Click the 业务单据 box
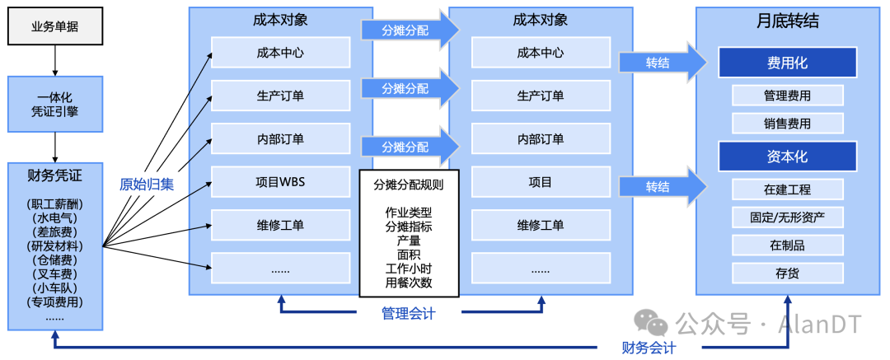point(54,26)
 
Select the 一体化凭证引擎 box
point(55,104)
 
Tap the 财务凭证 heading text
point(55,175)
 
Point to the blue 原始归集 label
point(147,184)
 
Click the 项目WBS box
point(280,182)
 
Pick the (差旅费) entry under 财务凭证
point(55,232)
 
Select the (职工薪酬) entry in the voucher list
point(55,204)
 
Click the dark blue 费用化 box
point(787,63)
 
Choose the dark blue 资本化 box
point(787,156)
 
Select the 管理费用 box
point(787,96)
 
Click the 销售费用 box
point(787,124)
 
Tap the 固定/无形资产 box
point(787,217)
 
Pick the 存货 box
point(787,273)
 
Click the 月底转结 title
point(787,22)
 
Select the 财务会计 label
point(649,348)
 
